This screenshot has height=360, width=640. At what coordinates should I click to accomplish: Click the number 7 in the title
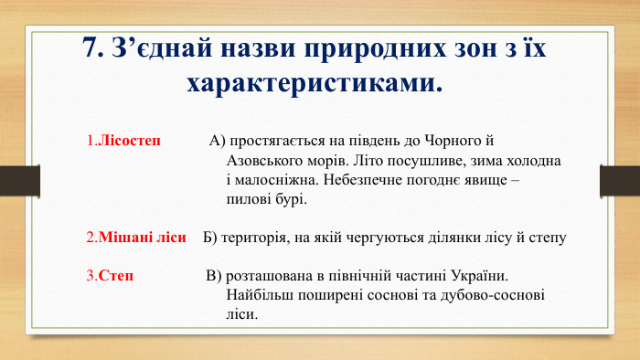pyautogui.click(x=89, y=48)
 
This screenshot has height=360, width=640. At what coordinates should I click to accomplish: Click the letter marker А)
pyautogui.click(x=217, y=142)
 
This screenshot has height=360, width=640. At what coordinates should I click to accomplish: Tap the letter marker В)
pyautogui.click(x=214, y=276)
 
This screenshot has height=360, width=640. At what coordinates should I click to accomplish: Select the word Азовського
pyautogui.click(x=267, y=160)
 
